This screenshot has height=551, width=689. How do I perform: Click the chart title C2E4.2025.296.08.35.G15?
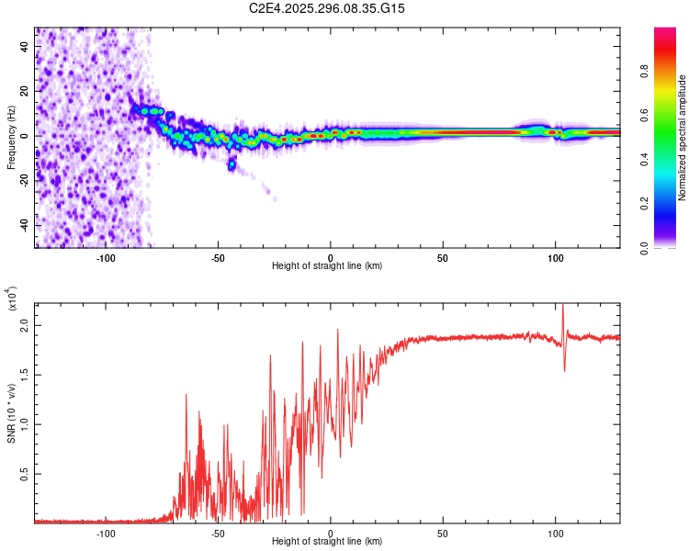[x=327, y=8]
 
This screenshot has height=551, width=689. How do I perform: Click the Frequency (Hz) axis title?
[x=11, y=138]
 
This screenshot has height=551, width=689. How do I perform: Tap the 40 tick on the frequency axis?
[x=25, y=45]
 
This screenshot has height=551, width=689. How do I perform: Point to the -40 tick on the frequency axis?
[x=23, y=225]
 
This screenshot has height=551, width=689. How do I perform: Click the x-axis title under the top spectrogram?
[x=327, y=265]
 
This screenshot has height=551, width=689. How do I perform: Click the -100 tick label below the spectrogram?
[x=106, y=257]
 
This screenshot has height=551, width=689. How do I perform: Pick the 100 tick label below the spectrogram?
[x=555, y=257]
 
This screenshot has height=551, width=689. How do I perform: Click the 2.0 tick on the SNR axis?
[x=25, y=326]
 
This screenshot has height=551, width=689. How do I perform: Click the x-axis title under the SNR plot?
[x=327, y=541]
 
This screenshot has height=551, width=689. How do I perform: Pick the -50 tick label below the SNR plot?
[x=218, y=533]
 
